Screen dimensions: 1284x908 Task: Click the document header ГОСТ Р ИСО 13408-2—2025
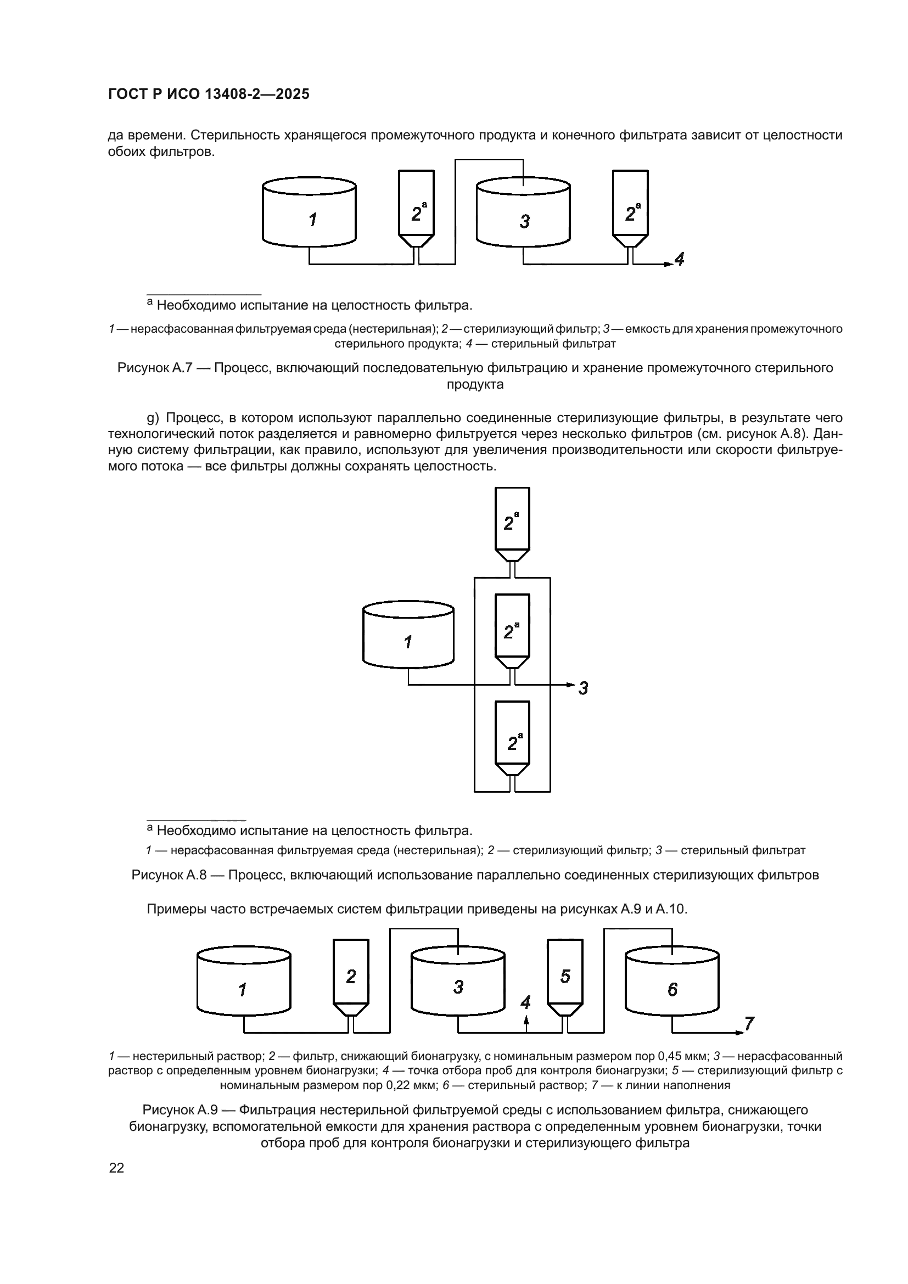pyautogui.click(x=209, y=94)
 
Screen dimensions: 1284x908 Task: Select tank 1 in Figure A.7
pyautogui.click(x=309, y=215)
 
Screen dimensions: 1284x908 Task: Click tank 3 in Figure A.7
pyautogui.click(x=523, y=215)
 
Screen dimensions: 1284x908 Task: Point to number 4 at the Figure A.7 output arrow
pyautogui.click(x=679, y=260)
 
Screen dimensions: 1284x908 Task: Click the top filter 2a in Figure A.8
pyautogui.click(x=512, y=524)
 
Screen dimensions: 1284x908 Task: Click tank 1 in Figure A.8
pyautogui.click(x=408, y=638)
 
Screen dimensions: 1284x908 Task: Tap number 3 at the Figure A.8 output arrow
pyautogui.click(x=583, y=688)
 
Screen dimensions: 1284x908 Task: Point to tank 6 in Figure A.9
pyautogui.click(x=672, y=988)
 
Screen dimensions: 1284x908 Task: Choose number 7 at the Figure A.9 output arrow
pyautogui.click(x=749, y=1024)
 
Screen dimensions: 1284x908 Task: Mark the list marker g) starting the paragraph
pyautogui.click(x=153, y=418)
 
